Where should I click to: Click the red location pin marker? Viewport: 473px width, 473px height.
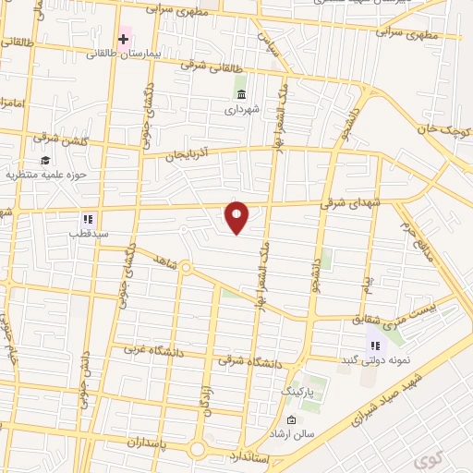point(237,217)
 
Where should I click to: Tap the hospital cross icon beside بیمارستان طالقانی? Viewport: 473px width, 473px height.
point(123,39)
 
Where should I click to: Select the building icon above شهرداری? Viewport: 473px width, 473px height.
point(241,94)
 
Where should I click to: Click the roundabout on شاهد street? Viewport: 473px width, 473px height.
point(186,269)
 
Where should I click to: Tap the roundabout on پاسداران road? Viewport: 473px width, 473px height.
point(197,450)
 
